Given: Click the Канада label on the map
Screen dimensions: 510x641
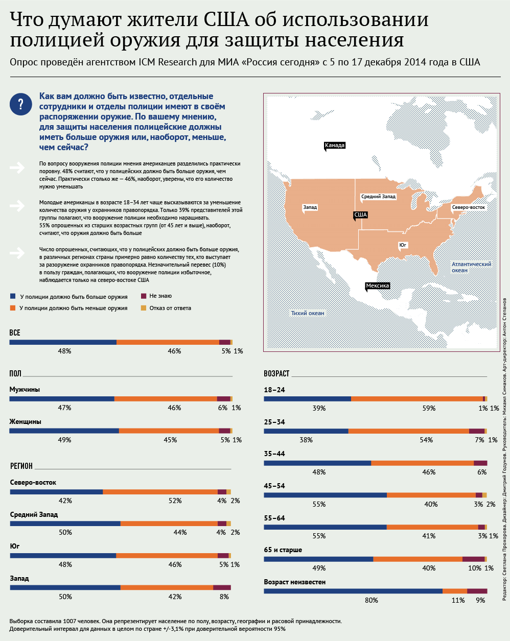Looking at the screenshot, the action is coord(334,146).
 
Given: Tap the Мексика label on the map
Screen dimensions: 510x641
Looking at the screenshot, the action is coord(377,286).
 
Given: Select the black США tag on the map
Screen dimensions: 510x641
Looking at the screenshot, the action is coord(360,215).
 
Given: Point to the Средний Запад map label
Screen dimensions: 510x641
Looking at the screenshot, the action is coord(378,197).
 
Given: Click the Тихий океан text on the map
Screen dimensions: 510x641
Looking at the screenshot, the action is coord(307,313).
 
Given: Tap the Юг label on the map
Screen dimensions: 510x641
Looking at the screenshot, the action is coord(403,245).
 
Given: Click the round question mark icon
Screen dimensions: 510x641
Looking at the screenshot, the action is coord(20,104).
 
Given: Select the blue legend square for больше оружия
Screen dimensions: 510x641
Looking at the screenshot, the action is coord(12,296).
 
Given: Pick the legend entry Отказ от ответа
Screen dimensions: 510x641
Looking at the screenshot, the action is coord(170,308).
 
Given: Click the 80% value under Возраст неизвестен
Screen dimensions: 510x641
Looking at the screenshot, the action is coord(372,600).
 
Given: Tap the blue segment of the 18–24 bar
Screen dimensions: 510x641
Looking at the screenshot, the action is coord(307,399).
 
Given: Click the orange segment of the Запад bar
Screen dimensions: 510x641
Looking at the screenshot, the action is coord(167,587).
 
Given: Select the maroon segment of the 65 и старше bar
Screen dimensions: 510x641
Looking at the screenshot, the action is coord(474,559).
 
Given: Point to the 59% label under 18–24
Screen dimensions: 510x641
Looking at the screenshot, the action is coord(429,408).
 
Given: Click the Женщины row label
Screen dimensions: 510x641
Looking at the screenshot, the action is coord(26,421).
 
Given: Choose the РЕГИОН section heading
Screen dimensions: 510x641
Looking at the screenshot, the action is coord(21,466).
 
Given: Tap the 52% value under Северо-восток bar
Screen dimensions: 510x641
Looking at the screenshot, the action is coord(175,501).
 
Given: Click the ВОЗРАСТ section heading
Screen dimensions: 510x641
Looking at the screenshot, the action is coord(276,373).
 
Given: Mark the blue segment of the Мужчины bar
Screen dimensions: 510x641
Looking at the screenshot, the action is coord(62,399).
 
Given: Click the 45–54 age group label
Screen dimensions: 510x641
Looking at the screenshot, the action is coord(274,486).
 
